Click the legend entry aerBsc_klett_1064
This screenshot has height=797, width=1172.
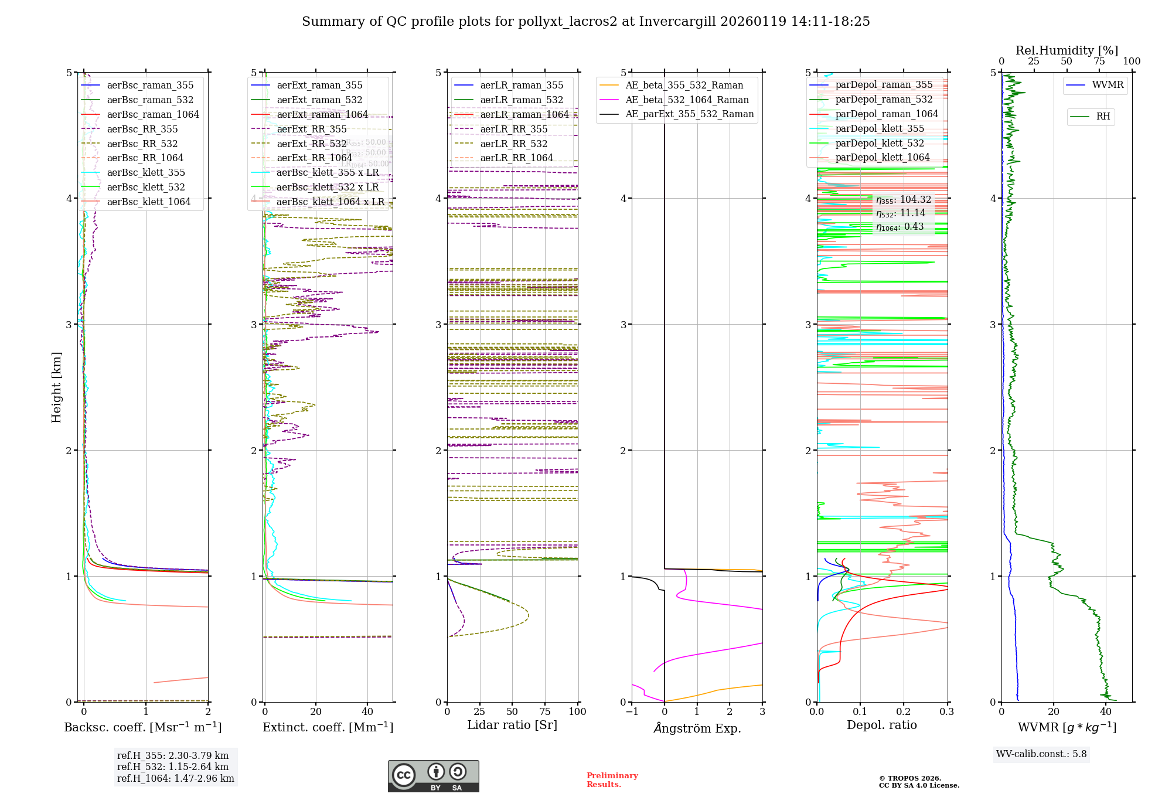148,202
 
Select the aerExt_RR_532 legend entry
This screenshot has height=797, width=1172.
311,144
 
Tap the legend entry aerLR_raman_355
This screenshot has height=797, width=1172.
522,86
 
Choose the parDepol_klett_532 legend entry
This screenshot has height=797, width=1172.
879,144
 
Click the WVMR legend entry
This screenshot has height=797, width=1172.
1108,85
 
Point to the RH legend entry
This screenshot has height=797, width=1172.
1103,117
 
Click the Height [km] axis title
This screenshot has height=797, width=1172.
56,387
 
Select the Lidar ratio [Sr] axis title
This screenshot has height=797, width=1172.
512,726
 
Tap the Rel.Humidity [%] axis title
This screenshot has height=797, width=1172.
1067,50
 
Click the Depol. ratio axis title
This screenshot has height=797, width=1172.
881,726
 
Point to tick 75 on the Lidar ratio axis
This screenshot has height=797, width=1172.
545,712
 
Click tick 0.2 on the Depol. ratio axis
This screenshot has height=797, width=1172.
903,712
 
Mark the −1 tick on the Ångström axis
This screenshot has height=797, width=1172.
632,712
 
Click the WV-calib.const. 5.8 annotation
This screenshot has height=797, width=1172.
1041,754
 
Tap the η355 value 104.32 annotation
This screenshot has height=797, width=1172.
903,200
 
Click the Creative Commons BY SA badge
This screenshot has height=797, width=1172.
433,776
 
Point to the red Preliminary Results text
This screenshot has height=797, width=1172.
612,780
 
